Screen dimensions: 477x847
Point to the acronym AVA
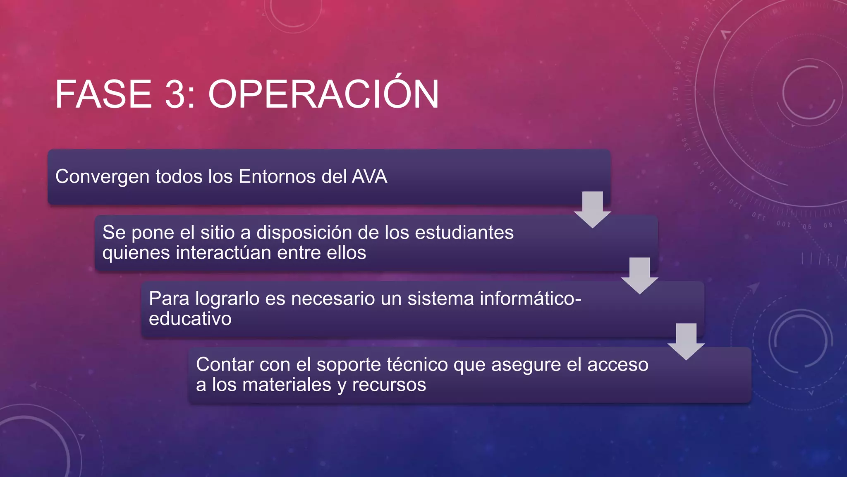click(x=369, y=176)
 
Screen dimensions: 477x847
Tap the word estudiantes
click(x=464, y=232)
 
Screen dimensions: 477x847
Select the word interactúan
click(x=223, y=253)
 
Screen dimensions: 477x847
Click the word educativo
click(x=190, y=319)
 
